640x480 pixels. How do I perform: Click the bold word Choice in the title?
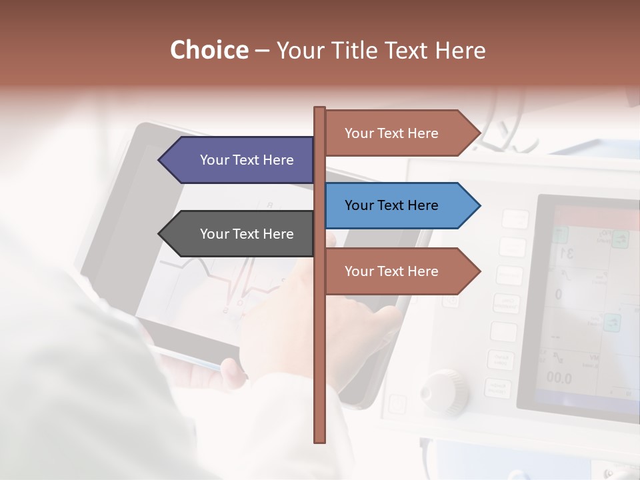pos(209,50)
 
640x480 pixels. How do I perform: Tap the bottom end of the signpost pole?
pos(320,440)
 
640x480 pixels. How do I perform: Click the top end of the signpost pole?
pos(320,109)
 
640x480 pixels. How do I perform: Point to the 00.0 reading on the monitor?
pos(559,378)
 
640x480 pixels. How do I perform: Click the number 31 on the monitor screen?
pos(567,253)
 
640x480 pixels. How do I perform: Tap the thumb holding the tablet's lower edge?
pos(233,373)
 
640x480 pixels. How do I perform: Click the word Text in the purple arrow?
pos(247,160)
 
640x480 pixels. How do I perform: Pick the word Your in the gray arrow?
pos(213,234)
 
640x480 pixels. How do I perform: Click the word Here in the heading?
pos(460,50)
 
